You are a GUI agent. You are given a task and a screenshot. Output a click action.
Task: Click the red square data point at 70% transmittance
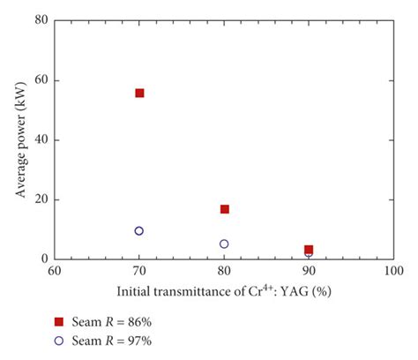pos(139,93)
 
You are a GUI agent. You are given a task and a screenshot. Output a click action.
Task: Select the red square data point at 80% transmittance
pos(224,209)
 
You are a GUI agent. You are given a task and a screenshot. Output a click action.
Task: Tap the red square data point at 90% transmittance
pos(308,250)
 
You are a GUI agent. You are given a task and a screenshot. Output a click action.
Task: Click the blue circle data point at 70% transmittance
pos(139,231)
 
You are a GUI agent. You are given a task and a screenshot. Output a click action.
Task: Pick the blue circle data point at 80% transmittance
pos(224,244)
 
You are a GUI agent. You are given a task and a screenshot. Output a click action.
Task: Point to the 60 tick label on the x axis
pos(55,272)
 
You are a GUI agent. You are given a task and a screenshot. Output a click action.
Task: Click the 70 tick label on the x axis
pos(139,272)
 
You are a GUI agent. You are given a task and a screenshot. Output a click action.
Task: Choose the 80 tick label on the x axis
pos(224,272)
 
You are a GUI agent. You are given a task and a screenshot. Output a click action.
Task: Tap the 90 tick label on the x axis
pos(308,272)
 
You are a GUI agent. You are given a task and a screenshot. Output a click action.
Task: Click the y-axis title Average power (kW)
pos(19,139)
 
